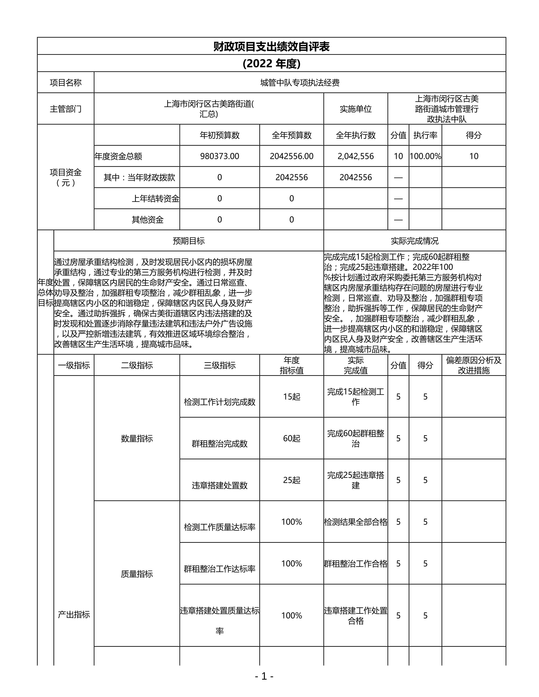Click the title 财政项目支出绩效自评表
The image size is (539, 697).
[271, 47]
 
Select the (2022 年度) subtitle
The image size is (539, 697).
[271, 64]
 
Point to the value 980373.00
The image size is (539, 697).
[219, 156]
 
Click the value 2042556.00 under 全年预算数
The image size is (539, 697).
[291, 156]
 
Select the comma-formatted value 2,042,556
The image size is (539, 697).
[356, 156]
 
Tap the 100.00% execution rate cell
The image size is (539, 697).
[425, 156]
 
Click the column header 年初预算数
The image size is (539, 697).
[219, 135]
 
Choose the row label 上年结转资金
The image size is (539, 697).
[156, 199]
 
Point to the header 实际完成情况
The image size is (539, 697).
[415, 241]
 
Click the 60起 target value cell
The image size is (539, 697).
[291, 438]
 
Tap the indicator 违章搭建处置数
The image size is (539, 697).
[220, 486]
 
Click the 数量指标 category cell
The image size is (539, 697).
[137, 438]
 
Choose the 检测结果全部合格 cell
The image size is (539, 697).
[356, 522]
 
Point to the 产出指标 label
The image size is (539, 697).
[74, 614]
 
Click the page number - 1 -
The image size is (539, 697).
[264, 676]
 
